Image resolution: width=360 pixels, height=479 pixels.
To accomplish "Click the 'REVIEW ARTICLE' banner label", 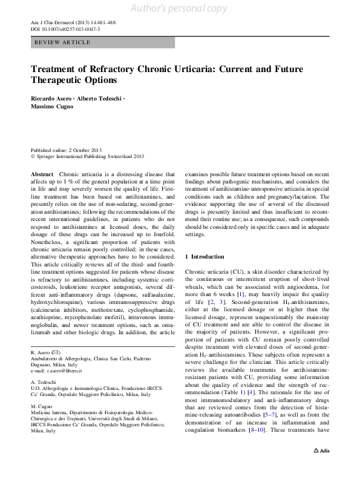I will (x=63, y=42).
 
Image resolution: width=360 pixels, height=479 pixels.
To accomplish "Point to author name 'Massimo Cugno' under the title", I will (x=53, y=106).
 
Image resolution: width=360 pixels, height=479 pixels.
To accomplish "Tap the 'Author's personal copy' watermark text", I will (x=180, y=7).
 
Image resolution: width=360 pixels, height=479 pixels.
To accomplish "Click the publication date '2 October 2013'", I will (x=85, y=150).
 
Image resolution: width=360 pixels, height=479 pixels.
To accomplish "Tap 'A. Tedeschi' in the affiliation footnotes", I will (x=44, y=383).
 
